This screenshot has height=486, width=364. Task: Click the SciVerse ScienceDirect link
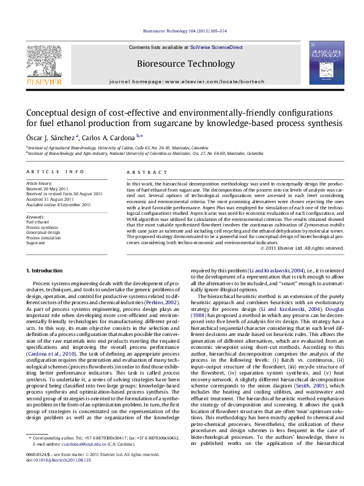(216, 47)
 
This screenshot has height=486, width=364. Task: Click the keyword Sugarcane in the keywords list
(35, 243)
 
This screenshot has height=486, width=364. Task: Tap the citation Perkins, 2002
(164, 302)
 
